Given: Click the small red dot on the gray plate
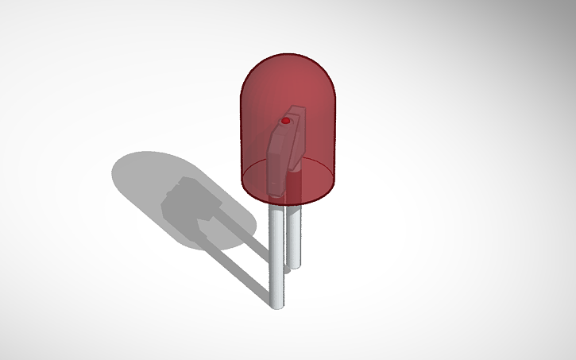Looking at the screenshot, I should [x=285, y=121].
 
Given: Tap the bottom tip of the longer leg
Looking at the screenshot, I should [x=277, y=305].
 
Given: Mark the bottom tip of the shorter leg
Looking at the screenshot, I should [x=296, y=267].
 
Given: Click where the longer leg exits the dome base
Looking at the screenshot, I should [x=276, y=204].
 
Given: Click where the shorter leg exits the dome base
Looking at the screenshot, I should [x=296, y=203].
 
